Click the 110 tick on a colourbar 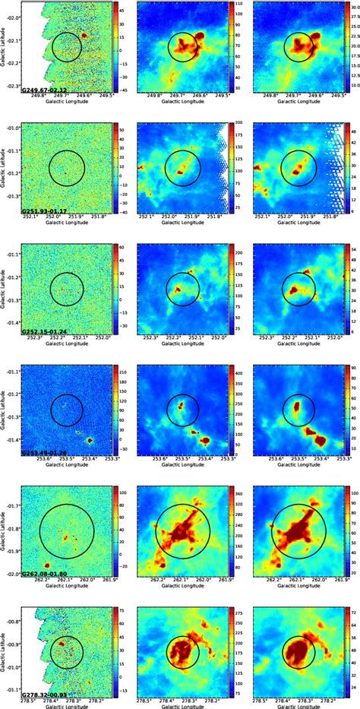tap(236, 5)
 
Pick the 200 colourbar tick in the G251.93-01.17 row tap(237, 123)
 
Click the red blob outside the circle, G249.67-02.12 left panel tap(86, 35)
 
